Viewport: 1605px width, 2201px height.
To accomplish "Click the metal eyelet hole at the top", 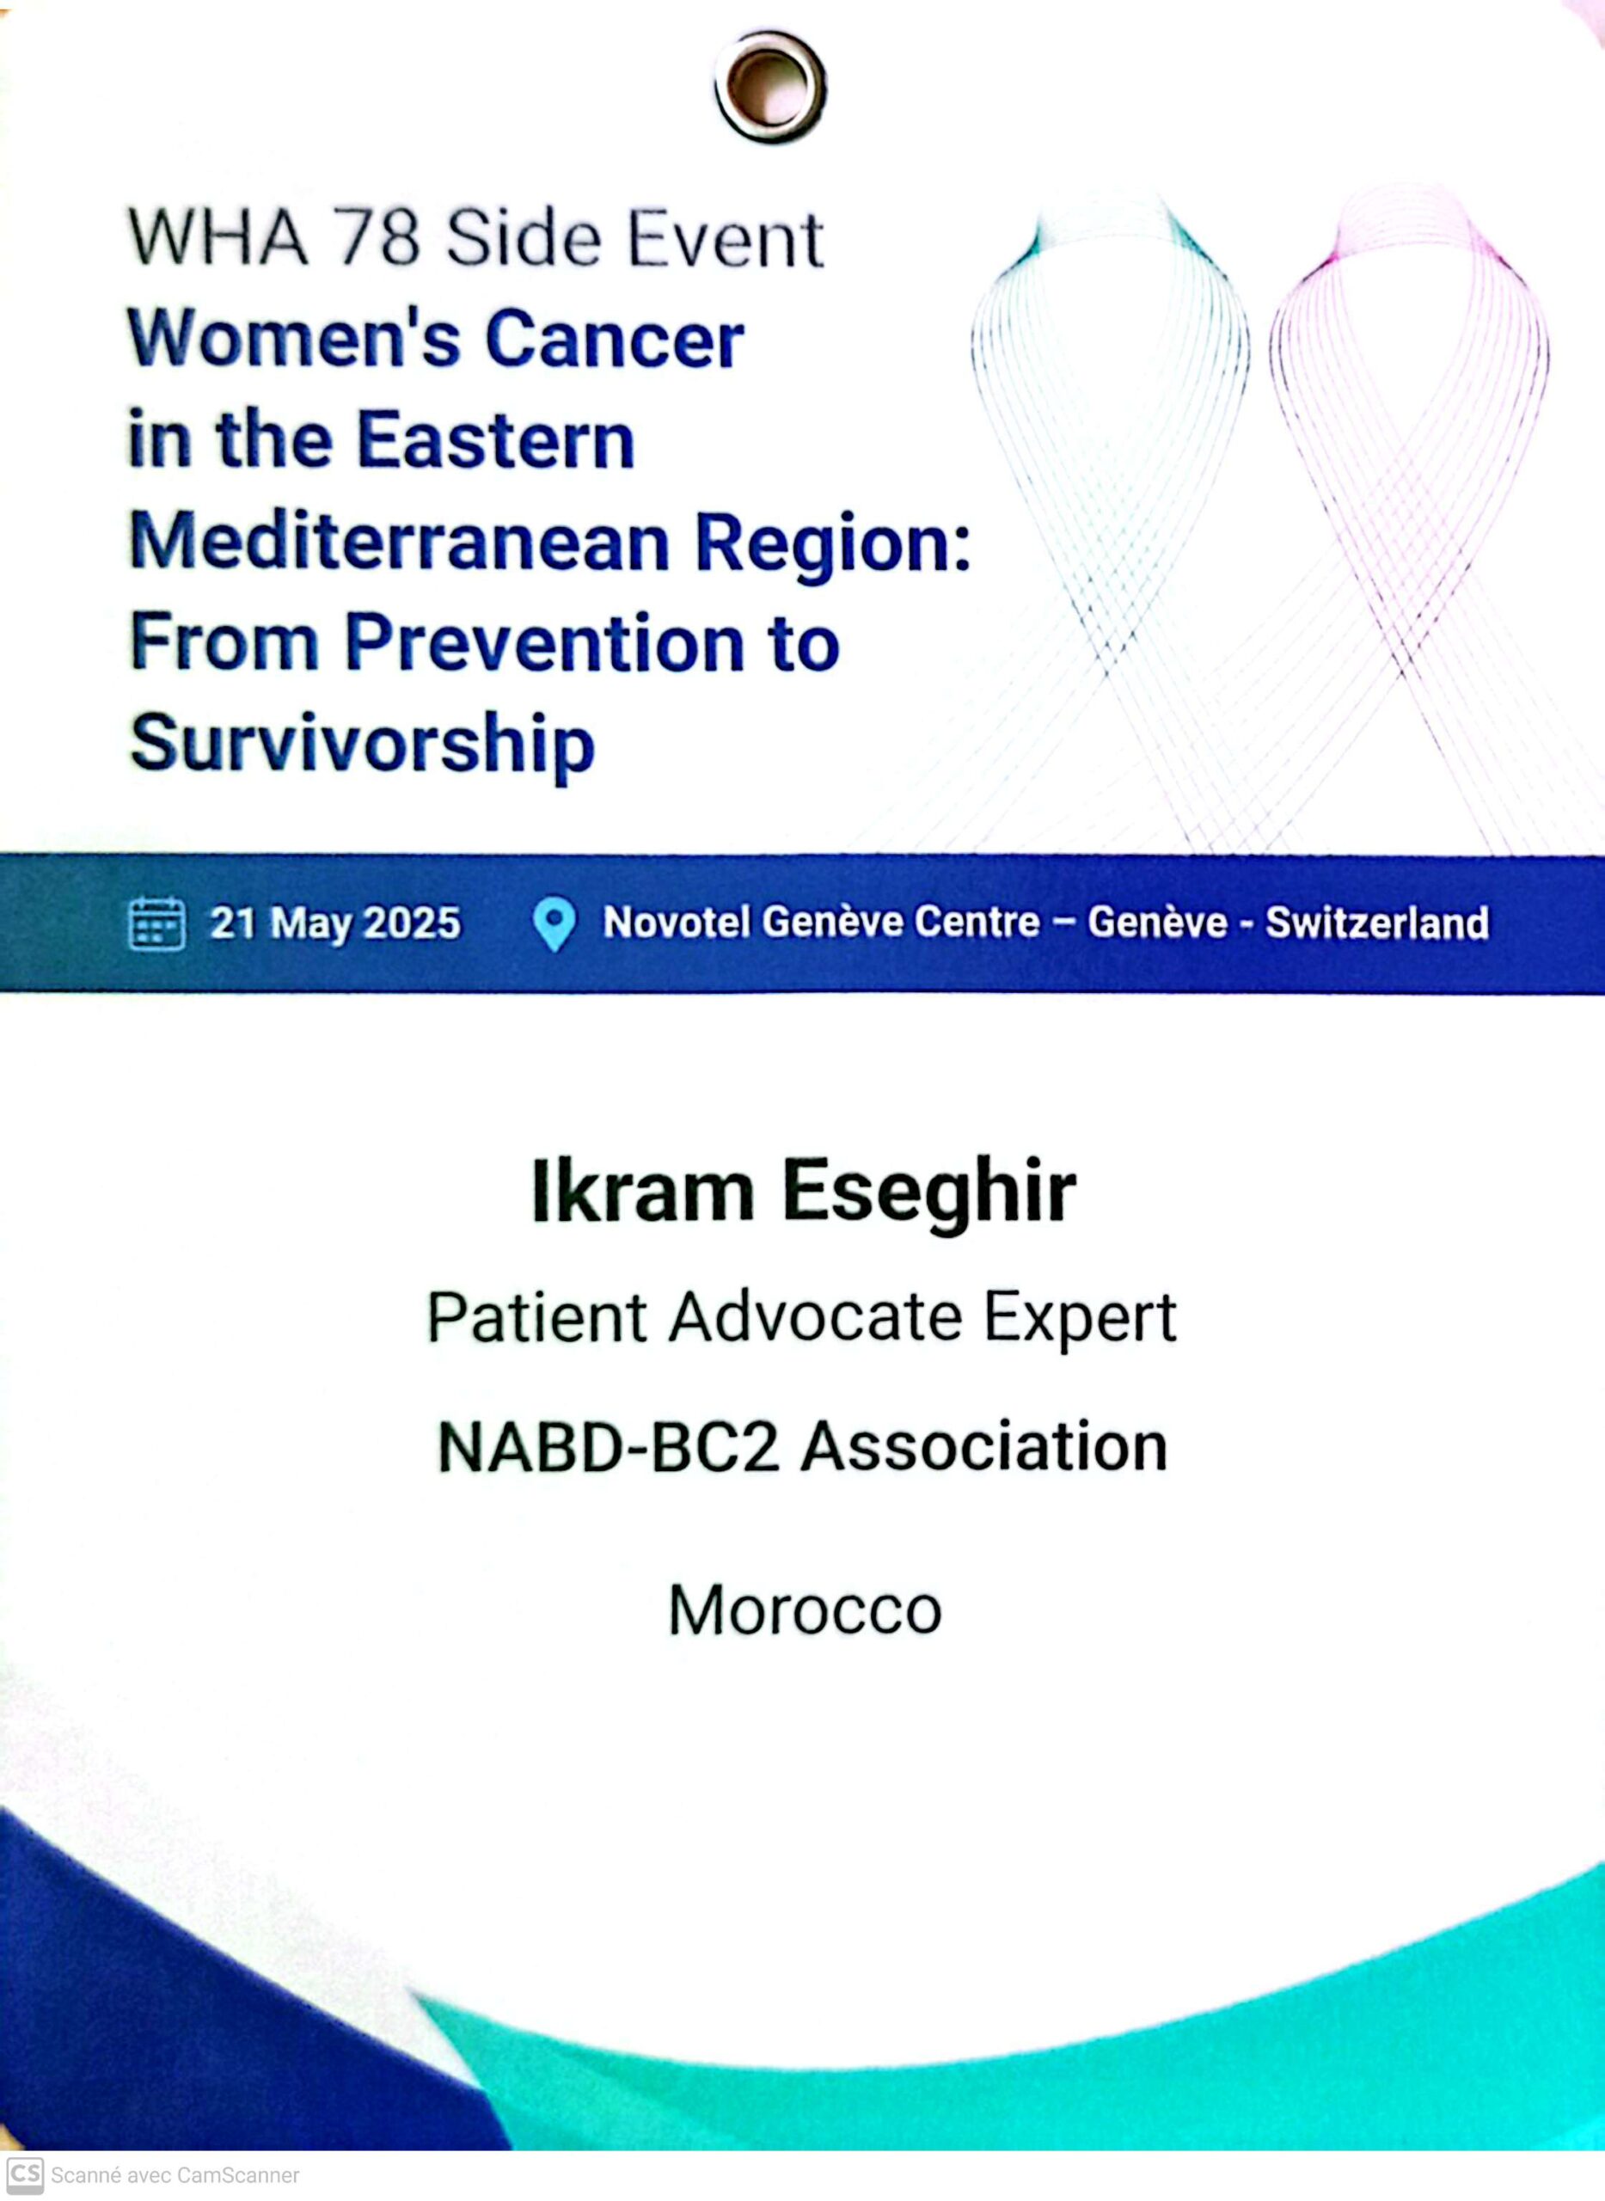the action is point(770,85).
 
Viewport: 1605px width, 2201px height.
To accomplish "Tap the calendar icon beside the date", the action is point(156,923).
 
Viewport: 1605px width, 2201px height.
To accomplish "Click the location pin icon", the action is point(554,924).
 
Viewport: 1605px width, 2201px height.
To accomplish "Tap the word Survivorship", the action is point(363,745).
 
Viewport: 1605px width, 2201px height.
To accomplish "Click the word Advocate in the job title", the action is point(815,1319).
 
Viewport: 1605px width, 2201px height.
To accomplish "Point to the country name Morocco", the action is point(806,1610).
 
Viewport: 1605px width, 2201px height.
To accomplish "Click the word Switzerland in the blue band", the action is point(1376,923).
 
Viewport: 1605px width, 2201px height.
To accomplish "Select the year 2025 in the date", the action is point(412,923).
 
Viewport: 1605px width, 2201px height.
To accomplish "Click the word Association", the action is point(984,1447).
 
